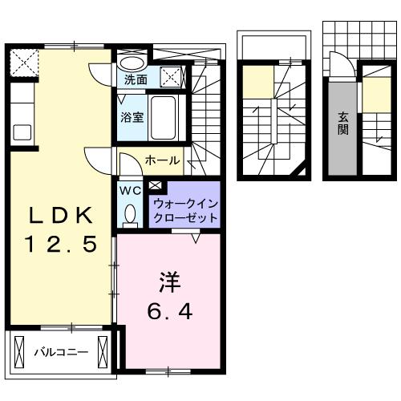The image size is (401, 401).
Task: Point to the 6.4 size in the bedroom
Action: pos(170,310)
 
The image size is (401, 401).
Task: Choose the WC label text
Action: pos(131,191)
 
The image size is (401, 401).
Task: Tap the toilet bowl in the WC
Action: pos(130,214)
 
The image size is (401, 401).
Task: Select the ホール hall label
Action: pos(162,161)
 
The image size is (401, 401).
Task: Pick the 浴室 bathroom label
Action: pos(132,116)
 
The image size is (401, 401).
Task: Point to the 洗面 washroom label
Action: pos(136,79)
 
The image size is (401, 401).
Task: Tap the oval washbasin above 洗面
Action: pos(133,63)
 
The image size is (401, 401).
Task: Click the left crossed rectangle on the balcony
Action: pos(19,350)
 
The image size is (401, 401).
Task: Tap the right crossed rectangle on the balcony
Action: pos(102,350)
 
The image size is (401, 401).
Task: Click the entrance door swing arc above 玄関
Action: pos(338,64)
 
